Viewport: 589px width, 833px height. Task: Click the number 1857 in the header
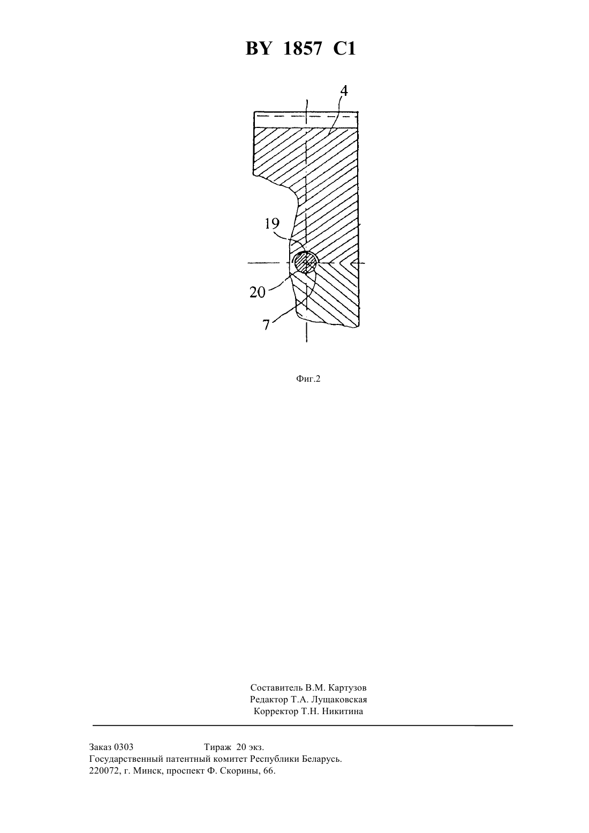pyautogui.click(x=302, y=49)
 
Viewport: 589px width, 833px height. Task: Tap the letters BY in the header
pyautogui.click(x=258, y=49)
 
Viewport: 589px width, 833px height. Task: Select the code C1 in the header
pyautogui.click(x=344, y=49)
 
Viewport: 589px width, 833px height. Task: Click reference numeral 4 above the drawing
pyautogui.click(x=344, y=90)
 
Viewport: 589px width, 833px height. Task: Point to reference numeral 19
pyautogui.click(x=272, y=224)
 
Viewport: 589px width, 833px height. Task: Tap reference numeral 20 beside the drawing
pyautogui.click(x=258, y=292)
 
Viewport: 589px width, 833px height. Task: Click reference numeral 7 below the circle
pyautogui.click(x=266, y=324)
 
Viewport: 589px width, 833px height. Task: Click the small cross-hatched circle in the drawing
pyautogui.click(x=305, y=262)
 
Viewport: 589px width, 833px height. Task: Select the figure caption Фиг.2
pyautogui.click(x=308, y=379)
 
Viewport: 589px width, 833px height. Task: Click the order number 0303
pyautogui.click(x=124, y=747)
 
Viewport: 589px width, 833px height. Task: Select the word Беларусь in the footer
pyautogui.click(x=321, y=759)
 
